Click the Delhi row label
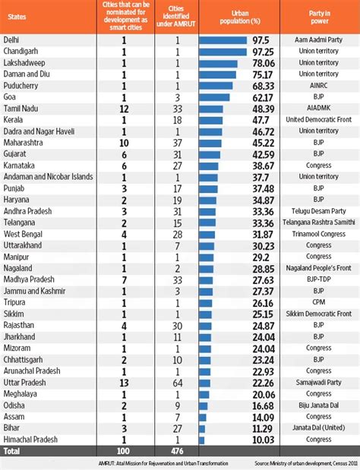pyautogui.click(x=12, y=39)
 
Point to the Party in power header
pyautogui.click(x=318, y=14)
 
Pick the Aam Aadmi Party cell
pyautogui.click(x=318, y=39)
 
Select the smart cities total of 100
pyautogui.click(x=124, y=450)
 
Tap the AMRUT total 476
pyautogui.click(x=177, y=450)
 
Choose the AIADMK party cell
pyautogui.click(x=318, y=108)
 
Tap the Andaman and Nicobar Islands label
pyautogui.click(x=48, y=176)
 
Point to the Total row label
pyautogui.click(x=12, y=450)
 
